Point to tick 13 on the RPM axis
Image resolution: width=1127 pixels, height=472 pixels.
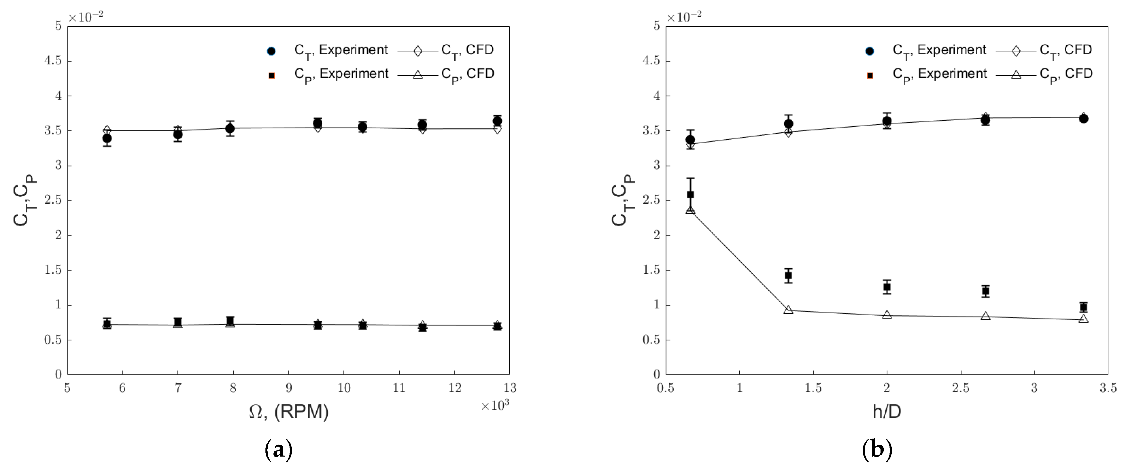click(510, 388)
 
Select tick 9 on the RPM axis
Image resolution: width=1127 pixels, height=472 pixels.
click(288, 388)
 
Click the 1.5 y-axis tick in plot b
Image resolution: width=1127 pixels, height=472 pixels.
click(651, 270)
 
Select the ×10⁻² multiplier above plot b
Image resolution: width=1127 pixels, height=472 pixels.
click(684, 17)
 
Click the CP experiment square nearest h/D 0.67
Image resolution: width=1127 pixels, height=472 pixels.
click(690, 195)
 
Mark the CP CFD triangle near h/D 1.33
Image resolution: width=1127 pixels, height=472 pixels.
click(788, 310)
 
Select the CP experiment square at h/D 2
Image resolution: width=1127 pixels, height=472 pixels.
click(887, 287)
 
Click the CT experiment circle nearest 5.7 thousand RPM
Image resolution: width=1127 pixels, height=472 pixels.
click(107, 139)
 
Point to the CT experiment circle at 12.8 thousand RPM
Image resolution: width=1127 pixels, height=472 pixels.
click(497, 121)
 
